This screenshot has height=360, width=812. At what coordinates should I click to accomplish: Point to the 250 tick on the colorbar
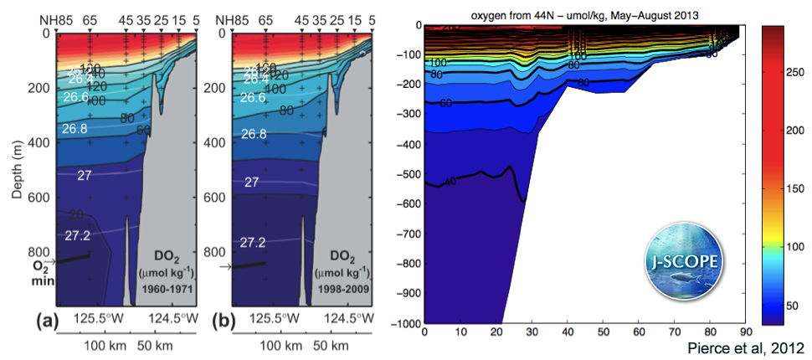point(788,75)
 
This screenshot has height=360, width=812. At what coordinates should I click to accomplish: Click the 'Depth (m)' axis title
point(16,176)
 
